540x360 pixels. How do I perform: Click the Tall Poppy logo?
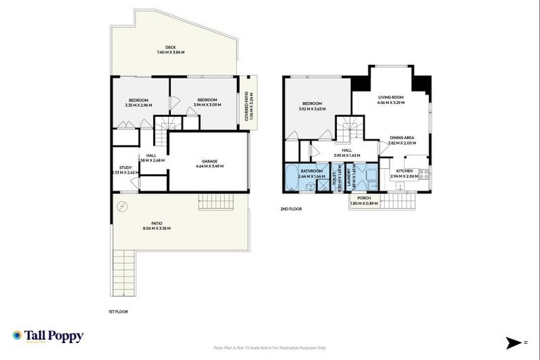(x=48, y=336)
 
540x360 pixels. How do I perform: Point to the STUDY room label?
(x=125, y=167)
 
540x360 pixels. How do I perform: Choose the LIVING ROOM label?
(x=392, y=98)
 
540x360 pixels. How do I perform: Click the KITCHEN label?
(x=404, y=171)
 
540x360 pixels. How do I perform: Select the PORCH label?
(x=364, y=198)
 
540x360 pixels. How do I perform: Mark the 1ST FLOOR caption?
(x=118, y=311)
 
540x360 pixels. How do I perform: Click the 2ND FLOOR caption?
(x=290, y=209)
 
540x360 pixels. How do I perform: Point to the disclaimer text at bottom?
(x=270, y=347)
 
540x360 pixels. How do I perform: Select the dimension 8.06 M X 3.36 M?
(x=157, y=229)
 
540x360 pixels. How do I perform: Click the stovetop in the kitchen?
(x=424, y=173)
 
